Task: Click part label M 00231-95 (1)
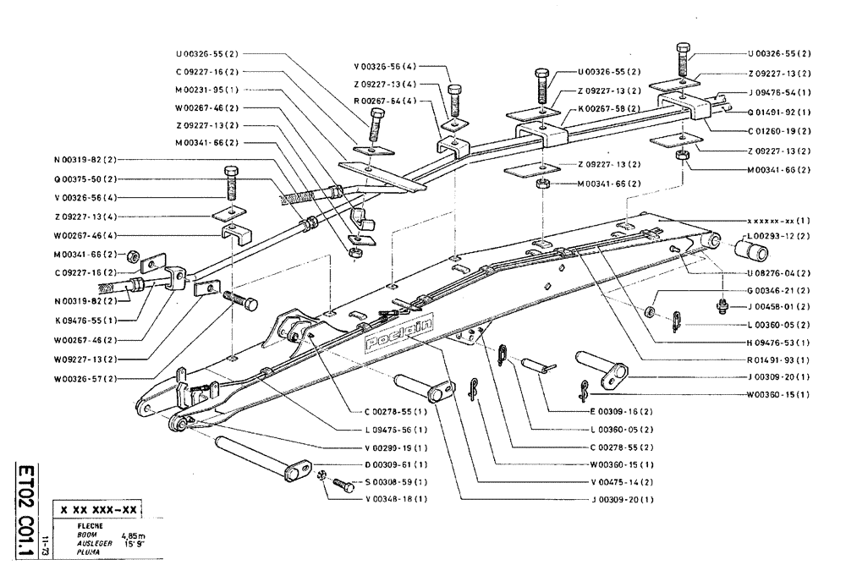point(206,91)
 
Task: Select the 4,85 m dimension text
point(132,535)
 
